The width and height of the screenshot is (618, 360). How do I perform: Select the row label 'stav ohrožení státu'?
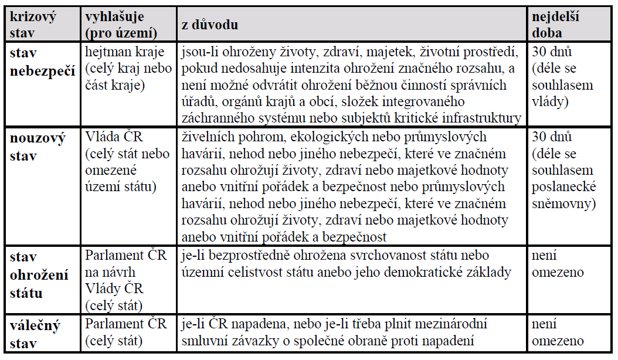tap(39, 274)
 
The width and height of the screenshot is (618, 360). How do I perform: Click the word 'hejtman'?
tap(107, 53)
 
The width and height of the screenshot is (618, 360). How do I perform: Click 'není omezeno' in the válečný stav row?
tap(558, 332)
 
